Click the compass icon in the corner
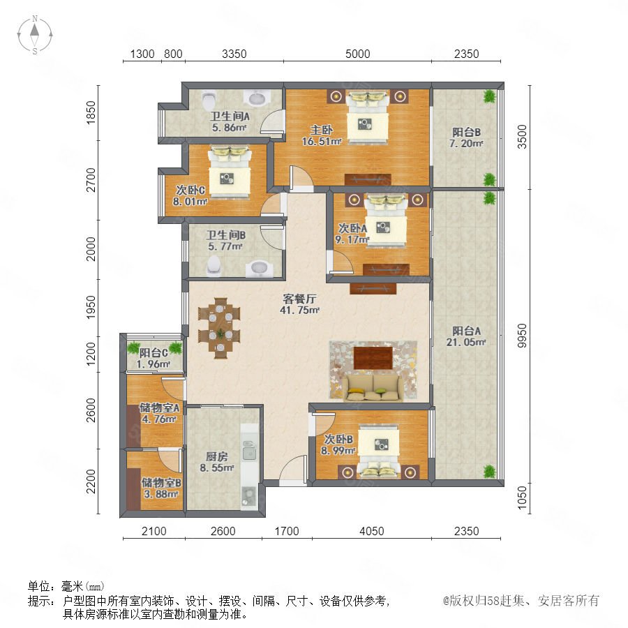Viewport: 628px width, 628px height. click(35, 35)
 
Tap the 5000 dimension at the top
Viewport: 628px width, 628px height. click(358, 54)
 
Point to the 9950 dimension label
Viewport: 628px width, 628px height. click(522, 335)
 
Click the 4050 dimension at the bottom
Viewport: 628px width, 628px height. click(372, 531)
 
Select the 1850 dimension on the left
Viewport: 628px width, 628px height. click(91, 112)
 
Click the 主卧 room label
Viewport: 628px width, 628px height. click(321, 130)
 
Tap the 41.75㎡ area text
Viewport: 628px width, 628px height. click(299, 310)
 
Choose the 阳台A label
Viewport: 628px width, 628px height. click(467, 331)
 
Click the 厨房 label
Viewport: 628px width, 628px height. click(217, 456)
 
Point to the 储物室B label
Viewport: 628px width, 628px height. click(161, 483)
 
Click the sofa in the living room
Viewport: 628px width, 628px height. click(373, 388)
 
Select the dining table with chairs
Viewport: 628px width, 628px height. click(220, 328)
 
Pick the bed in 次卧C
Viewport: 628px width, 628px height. click(230, 172)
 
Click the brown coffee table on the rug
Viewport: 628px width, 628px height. click(373, 358)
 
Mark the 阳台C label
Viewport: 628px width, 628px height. click(154, 353)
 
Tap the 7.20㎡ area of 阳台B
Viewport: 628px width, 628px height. click(466, 143)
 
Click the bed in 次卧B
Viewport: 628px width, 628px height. click(378, 451)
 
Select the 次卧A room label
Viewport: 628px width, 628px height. click(352, 228)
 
